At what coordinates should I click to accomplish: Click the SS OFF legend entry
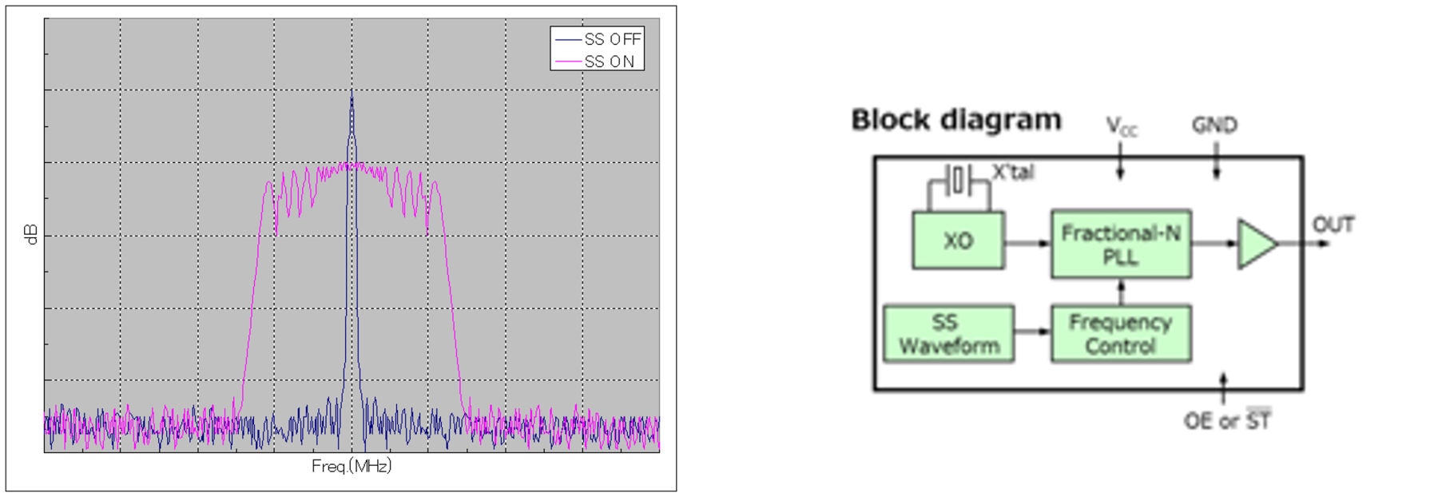pos(598,39)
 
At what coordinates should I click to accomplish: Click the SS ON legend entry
pos(595,62)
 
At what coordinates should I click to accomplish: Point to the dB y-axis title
pos(31,235)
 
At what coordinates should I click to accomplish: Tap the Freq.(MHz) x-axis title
pos(352,467)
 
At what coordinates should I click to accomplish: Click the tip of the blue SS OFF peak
pos(352,92)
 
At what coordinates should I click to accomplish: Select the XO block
pos(958,241)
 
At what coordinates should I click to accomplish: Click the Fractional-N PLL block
pos(1121,245)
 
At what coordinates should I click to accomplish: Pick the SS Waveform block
pos(949,334)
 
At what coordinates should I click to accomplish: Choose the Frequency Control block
pos(1121,334)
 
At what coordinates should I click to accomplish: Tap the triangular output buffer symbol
pos(1255,244)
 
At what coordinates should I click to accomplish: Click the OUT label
pos(1333,225)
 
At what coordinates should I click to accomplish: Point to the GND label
pos(1214,125)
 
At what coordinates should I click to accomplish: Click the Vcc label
pos(1122,126)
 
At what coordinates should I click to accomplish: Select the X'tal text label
pos(1013,173)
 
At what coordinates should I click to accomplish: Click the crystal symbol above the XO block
pos(959,181)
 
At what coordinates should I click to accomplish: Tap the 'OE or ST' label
pos(1227,419)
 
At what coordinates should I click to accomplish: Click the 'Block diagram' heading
pos(956,120)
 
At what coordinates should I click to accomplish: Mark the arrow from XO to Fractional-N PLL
pos(1027,243)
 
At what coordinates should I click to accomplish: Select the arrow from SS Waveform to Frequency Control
pos(1033,331)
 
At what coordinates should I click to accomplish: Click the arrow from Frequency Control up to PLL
pos(1121,292)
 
